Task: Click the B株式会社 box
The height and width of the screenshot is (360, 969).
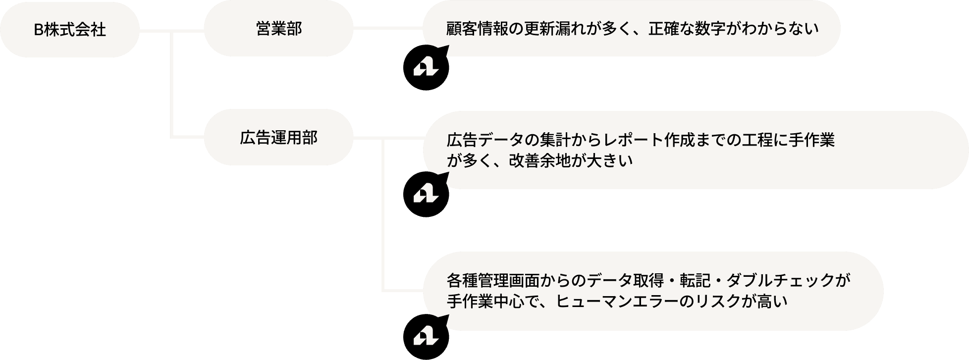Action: pyautogui.click(x=69, y=30)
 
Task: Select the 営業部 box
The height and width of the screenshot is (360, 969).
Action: pyautogui.click(x=278, y=29)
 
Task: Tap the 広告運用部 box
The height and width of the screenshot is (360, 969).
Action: pyautogui.click(x=278, y=137)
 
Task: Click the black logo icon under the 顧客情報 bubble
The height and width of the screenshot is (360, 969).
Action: pyautogui.click(x=426, y=67)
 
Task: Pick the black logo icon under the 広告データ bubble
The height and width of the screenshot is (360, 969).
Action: pyautogui.click(x=426, y=194)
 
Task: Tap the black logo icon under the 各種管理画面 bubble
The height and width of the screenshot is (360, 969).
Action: pyautogui.click(x=426, y=338)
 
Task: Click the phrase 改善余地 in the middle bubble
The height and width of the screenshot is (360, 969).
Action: pyautogui.click(x=540, y=161)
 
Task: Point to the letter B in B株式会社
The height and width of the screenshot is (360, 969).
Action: pyautogui.click(x=39, y=30)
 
